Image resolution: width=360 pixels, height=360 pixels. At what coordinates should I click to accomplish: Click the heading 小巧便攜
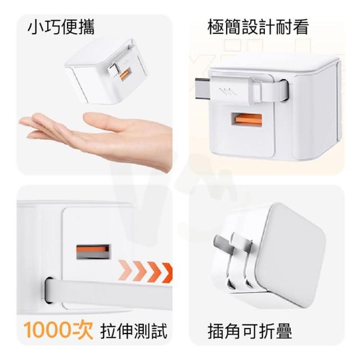tap(61, 28)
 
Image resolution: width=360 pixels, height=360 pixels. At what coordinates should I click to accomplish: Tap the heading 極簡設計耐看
tap(258, 28)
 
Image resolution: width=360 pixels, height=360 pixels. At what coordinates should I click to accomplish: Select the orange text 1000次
tap(58, 331)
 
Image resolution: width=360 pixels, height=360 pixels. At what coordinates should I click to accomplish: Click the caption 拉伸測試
tap(134, 331)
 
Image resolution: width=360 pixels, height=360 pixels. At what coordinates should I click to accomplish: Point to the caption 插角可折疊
tap(250, 331)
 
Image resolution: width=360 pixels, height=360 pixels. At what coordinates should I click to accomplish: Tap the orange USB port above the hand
tap(125, 74)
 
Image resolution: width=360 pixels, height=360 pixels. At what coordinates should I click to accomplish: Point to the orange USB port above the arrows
tap(93, 251)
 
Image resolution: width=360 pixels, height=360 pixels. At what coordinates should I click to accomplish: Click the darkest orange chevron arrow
tap(167, 273)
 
